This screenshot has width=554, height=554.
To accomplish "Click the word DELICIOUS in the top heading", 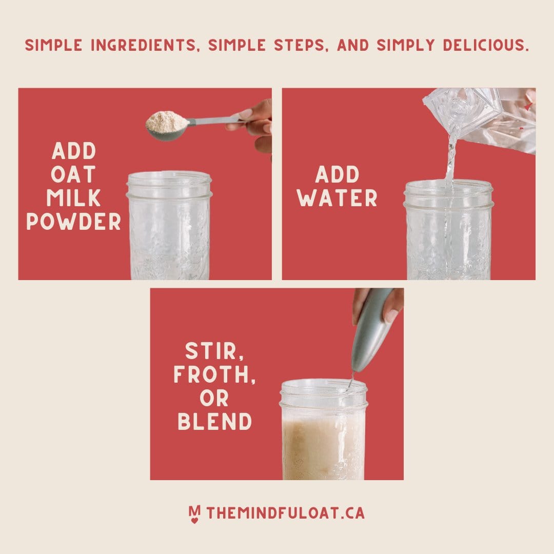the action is tap(486, 45).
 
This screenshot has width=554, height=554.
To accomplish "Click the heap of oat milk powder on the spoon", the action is tap(167, 121).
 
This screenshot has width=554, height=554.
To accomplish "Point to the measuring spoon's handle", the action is tap(215, 121).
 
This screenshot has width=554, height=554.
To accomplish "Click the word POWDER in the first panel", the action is tap(73, 222).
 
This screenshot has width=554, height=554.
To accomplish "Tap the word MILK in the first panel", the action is tap(73, 198).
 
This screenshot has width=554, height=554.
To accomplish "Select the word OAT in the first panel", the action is tap(73, 174).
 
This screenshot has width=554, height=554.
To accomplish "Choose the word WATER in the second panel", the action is tap(337, 198).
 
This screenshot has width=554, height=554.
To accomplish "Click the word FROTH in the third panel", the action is tap(214, 375).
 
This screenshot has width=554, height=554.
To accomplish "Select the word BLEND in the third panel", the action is tap(214, 422).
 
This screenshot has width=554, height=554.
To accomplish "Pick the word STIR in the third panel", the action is tap(214, 351).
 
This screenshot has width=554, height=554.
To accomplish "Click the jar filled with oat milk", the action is tap(323, 429).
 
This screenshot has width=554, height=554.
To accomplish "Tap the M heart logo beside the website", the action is tap(194, 514).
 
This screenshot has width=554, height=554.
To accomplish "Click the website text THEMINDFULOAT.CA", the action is tap(286, 513).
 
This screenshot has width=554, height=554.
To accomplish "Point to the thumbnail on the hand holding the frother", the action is tap(390, 315).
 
